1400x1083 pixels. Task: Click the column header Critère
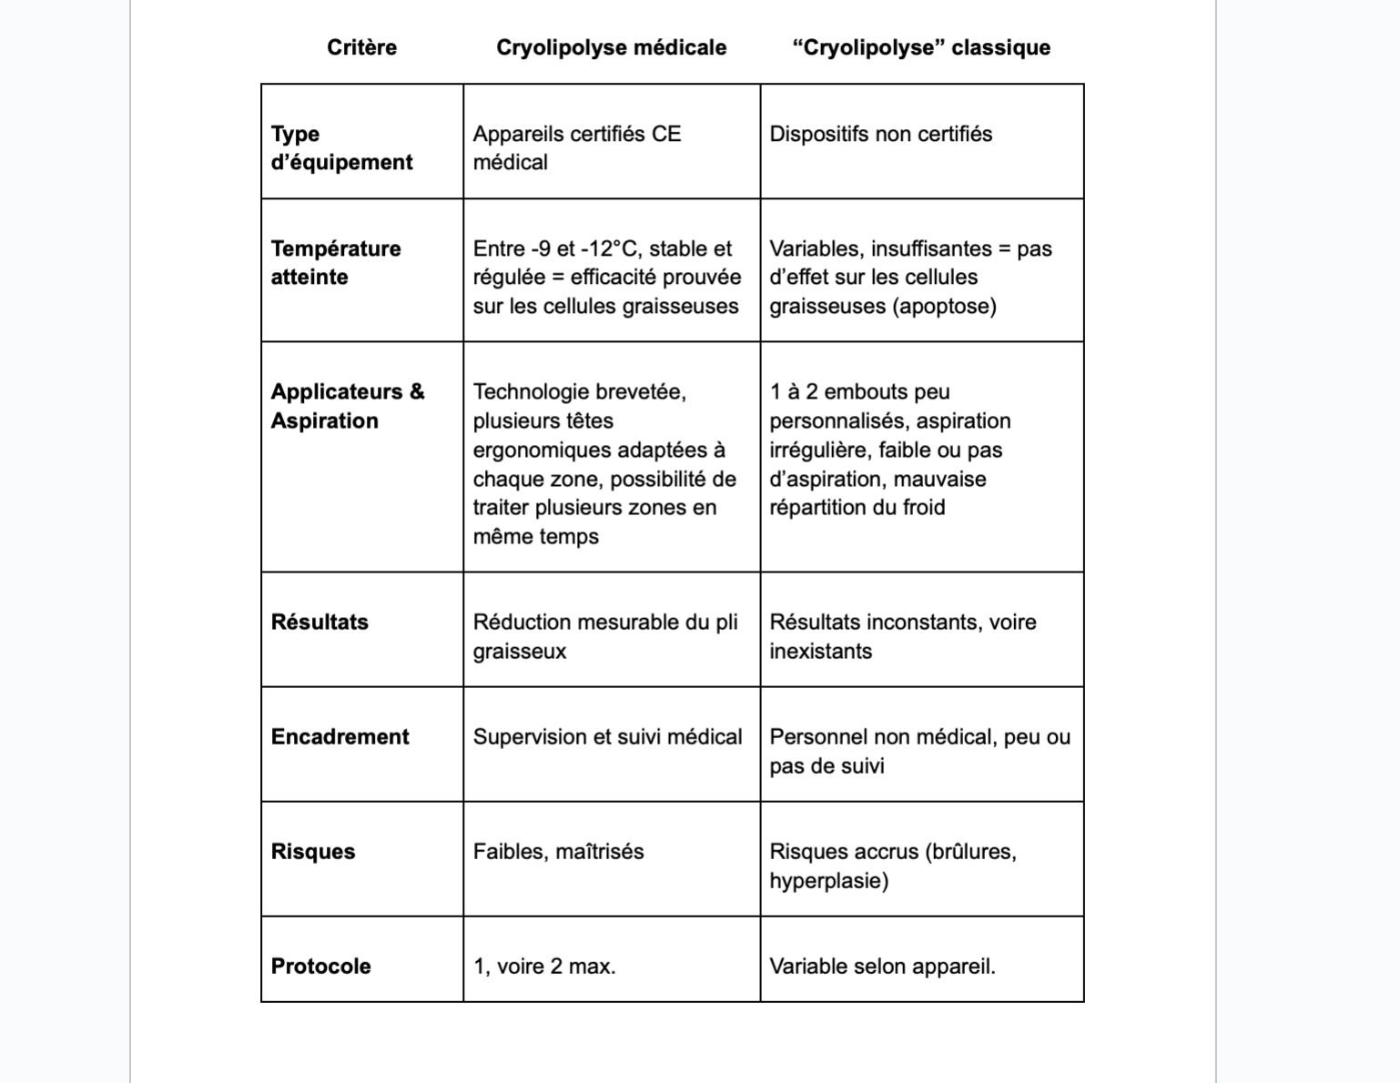click(361, 47)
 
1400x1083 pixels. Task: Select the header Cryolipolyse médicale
click(611, 47)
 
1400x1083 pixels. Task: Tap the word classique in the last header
click(1001, 47)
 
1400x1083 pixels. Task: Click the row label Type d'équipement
click(341, 147)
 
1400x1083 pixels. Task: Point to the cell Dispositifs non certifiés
click(880, 134)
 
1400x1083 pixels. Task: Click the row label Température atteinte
click(335, 262)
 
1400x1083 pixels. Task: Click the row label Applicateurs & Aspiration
click(347, 406)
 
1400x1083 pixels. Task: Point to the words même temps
click(535, 536)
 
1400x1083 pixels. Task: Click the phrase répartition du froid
click(857, 507)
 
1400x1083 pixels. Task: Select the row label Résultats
click(320, 622)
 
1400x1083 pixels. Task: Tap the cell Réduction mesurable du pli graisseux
click(604, 636)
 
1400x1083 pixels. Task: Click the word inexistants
click(820, 651)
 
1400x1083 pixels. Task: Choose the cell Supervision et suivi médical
click(607, 736)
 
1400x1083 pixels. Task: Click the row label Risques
click(312, 851)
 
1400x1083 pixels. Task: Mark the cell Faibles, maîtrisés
click(558, 851)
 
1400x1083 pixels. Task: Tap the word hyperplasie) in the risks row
click(828, 880)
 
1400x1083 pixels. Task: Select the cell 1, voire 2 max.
click(544, 966)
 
